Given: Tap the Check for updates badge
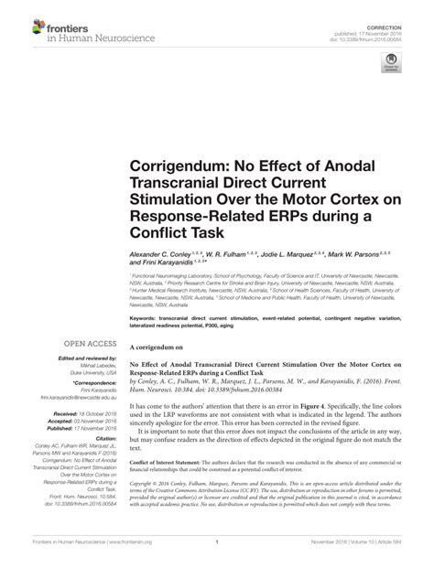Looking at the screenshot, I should [x=392, y=63].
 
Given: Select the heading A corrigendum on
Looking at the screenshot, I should [x=161, y=323].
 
